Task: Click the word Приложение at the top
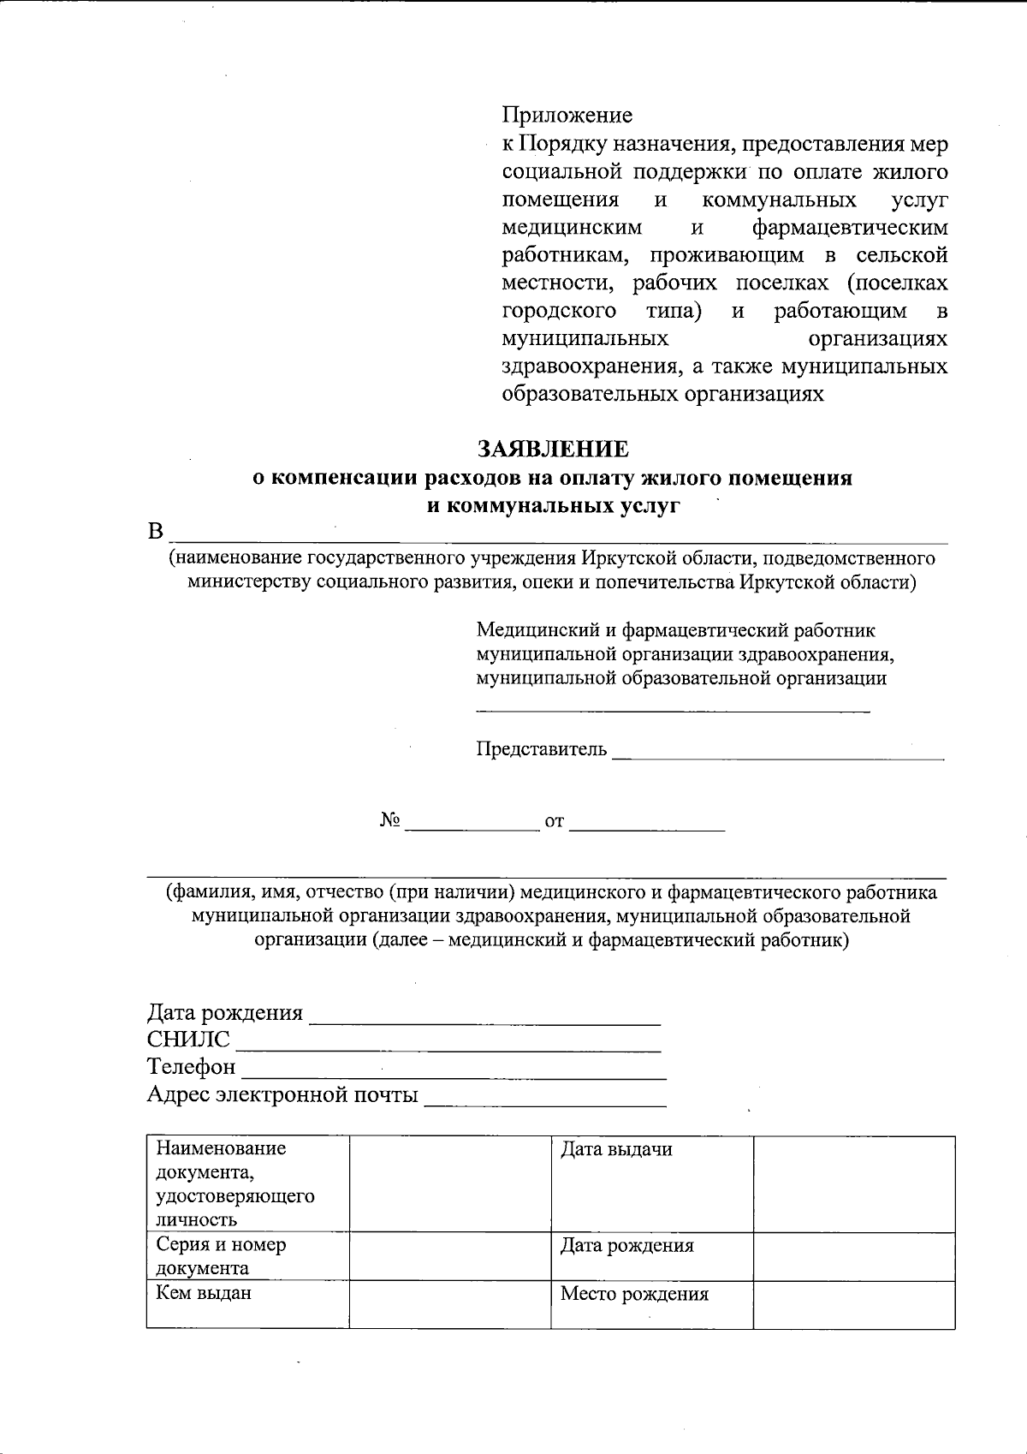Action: pyautogui.click(x=567, y=116)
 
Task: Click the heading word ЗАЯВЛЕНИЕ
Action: pyautogui.click(x=553, y=450)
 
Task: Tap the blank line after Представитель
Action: pyautogui.click(x=778, y=754)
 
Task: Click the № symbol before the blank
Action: pyautogui.click(x=390, y=821)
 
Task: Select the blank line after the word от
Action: pyautogui.click(x=646, y=825)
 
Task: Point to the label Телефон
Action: pyautogui.click(x=191, y=1067)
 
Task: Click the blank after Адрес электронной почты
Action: pyautogui.click(x=545, y=1099)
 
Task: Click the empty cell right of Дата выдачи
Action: pyautogui.click(x=853, y=1183)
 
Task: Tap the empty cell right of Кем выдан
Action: pyautogui.click(x=449, y=1304)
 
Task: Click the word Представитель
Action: pyautogui.click(x=541, y=750)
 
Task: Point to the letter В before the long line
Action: pyautogui.click(x=155, y=532)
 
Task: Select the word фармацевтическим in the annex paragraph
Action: pyautogui.click(x=849, y=228)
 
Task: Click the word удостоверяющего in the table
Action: pyautogui.click(x=234, y=1196)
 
